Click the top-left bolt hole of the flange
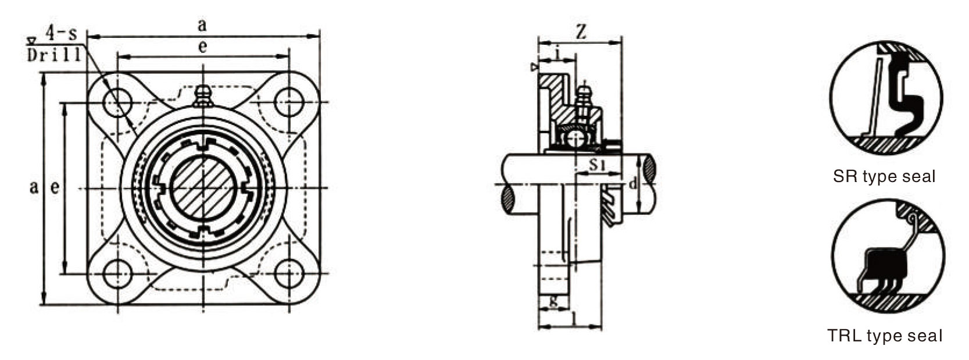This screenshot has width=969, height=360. click(117, 102)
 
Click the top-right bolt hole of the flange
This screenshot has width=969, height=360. click(288, 102)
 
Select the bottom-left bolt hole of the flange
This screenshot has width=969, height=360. click(117, 274)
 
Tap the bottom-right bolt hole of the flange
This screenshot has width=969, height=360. click(288, 274)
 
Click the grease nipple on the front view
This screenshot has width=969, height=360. click(203, 96)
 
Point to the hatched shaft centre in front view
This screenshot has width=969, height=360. click(203, 187)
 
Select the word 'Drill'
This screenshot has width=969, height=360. click(54, 55)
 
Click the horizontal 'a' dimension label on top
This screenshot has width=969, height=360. click(202, 26)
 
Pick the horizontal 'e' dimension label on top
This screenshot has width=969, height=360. click(202, 47)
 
